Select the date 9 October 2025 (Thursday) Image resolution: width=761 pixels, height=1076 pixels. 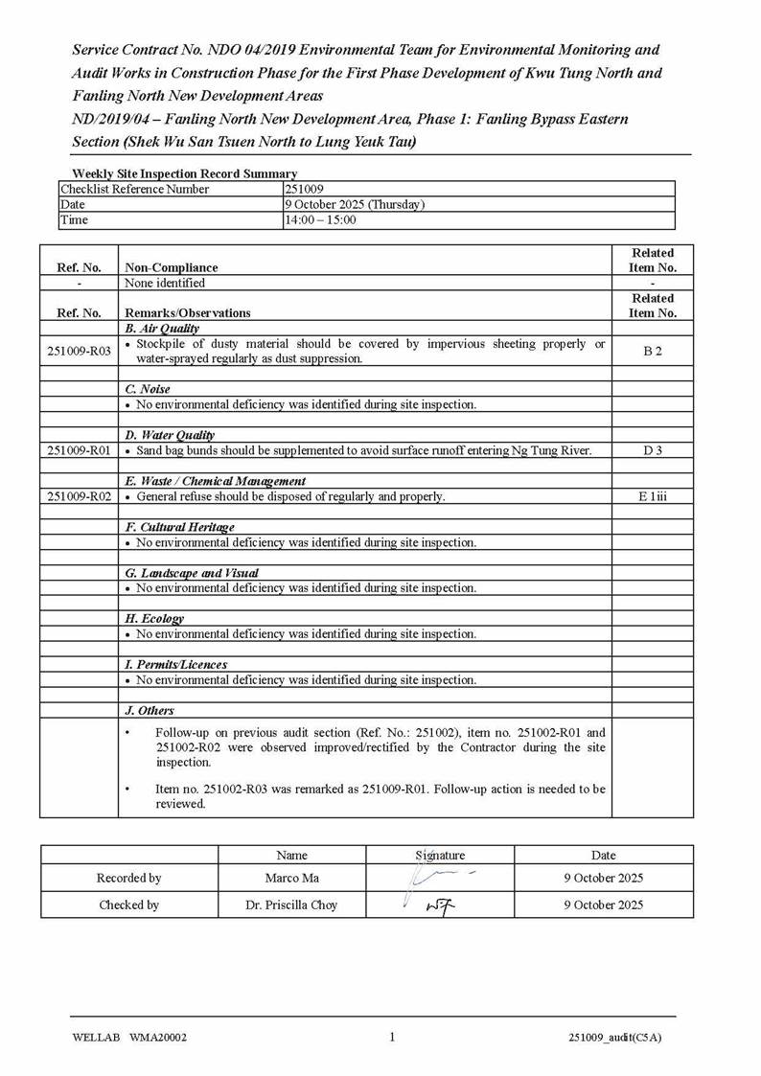[355, 204]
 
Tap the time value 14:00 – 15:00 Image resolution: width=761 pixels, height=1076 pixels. [320, 219]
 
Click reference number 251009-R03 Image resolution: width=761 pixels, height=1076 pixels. [79, 351]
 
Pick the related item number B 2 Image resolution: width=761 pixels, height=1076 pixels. [653, 351]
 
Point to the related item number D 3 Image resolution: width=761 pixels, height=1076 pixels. [653, 450]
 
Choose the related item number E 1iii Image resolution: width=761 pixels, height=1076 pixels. [653, 496]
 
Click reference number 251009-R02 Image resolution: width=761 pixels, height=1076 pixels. [79, 496]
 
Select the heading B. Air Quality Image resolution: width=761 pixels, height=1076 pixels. [162, 328]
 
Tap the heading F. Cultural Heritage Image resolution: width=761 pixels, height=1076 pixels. [179, 527]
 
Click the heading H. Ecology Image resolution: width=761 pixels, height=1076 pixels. [154, 619]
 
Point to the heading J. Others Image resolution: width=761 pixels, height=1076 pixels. [150, 711]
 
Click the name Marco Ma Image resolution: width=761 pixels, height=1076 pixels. [291, 878]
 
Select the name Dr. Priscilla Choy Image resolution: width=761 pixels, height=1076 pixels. [291, 904]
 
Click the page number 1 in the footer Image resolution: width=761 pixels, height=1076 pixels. [392, 1036]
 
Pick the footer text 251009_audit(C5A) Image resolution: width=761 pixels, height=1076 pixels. [614, 1037]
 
